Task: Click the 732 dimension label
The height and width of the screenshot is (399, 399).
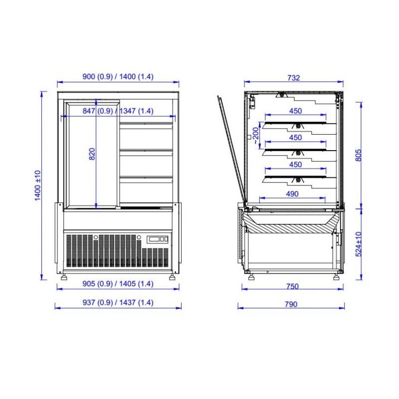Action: pyautogui.click(x=294, y=78)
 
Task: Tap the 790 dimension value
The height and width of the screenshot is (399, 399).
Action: pyautogui.click(x=291, y=304)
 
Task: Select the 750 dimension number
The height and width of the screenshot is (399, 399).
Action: pyautogui.click(x=292, y=286)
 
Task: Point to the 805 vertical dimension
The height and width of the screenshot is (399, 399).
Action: pyautogui.click(x=358, y=155)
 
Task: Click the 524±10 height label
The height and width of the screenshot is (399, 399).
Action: pyautogui.click(x=358, y=244)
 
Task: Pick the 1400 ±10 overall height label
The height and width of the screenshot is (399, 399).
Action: pyautogui.click(x=37, y=186)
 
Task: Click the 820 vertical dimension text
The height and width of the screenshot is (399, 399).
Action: pyautogui.click(x=92, y=154)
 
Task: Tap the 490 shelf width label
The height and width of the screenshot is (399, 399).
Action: pyautogui.click(x=292, y=194)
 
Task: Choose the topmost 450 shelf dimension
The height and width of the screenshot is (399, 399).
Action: pyautogui.click(x=295, y=111)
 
